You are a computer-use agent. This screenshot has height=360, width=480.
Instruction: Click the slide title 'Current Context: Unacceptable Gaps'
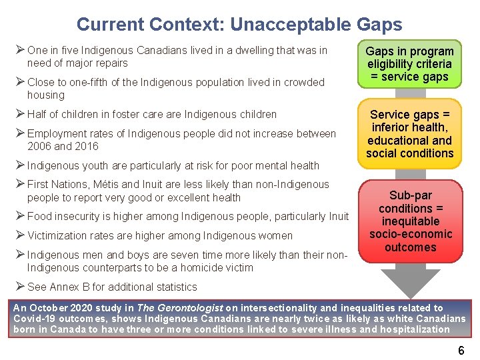coord(239,25)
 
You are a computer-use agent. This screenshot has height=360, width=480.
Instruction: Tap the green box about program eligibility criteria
coord(409,64)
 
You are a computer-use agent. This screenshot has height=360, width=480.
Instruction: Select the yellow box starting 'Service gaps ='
coord(409,134)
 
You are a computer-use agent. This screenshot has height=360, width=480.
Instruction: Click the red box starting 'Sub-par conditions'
coord(409,221)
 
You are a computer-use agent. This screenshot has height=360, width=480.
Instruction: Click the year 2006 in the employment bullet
coord(40,146)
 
